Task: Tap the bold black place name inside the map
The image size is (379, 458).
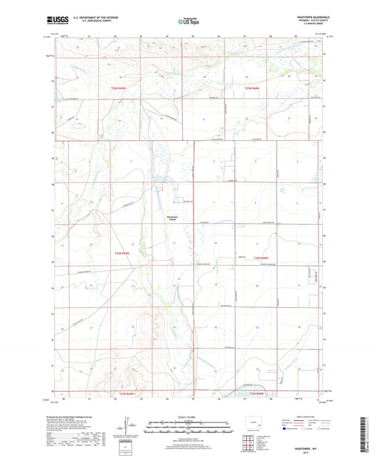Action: click(x=171, y=218)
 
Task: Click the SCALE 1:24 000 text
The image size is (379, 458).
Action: click(x=188, y=417)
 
